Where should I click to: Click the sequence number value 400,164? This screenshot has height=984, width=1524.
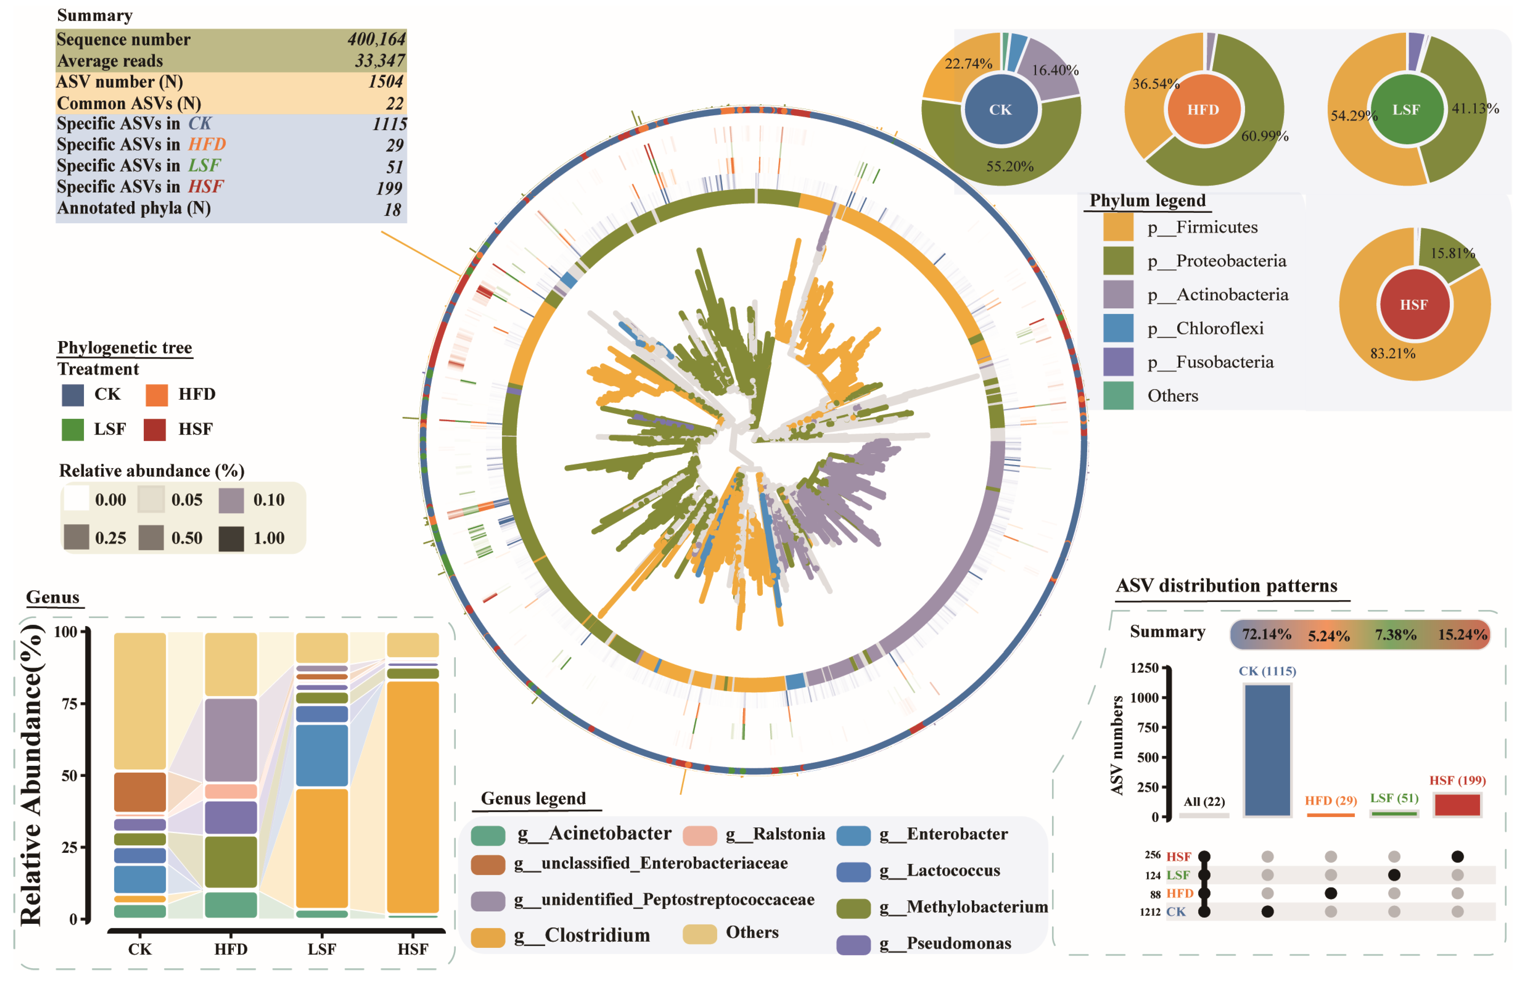pyautogui.click(x=376, y=40)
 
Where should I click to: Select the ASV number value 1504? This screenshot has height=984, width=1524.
pyautogui.click(x=385, y=82)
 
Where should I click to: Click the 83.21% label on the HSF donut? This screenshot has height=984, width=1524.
pyautogui.click(x=1393, y=353)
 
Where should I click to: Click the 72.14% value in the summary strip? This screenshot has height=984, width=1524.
pyautogui.click(x=1266, y=634)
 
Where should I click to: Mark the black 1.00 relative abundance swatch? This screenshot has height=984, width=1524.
pyautogui.click(x=231, y=538)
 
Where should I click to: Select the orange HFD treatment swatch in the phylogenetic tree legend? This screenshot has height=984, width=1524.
pyautogui.click(x=157, y=395)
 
